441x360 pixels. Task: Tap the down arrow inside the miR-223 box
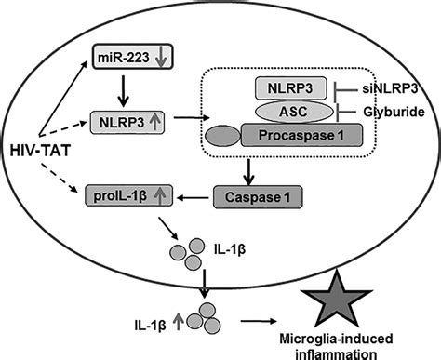[160, 59]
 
